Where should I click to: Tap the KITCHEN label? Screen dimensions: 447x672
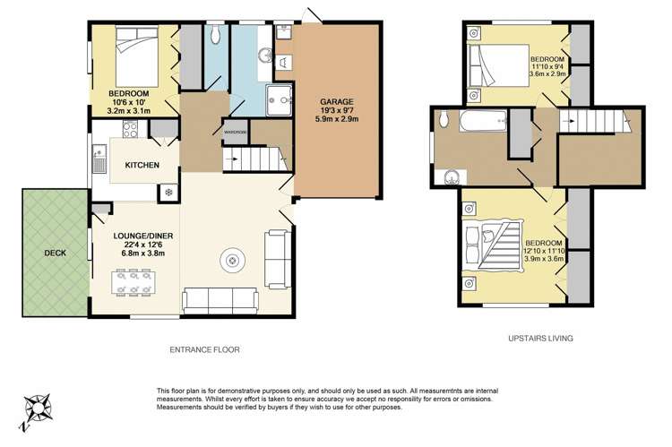pos(142,165)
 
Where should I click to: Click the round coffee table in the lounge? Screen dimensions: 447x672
pos(232,261)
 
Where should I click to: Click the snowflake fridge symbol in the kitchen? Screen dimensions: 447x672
pos(167,193)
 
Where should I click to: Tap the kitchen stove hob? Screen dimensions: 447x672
pos(127,129)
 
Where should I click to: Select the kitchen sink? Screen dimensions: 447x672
pos(98,160)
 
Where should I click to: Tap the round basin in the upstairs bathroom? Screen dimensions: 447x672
pos(452,176)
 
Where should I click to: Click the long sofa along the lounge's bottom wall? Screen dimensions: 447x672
pos(220,298)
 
